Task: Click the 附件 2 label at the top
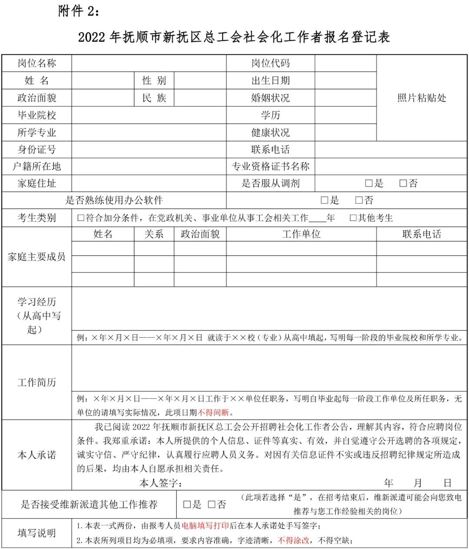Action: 79,12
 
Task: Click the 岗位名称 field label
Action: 37,63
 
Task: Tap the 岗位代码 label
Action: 270,63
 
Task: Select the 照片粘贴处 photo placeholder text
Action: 422,98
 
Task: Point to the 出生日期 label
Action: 270,81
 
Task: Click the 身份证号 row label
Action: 37,150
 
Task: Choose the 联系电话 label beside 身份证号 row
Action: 270,150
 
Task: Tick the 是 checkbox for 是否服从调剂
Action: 369,184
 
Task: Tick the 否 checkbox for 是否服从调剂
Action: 403,184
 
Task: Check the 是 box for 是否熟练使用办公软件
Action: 324,201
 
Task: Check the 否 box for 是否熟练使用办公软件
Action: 359,201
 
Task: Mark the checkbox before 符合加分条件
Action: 80,218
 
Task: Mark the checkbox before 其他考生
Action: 353,218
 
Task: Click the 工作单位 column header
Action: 301,234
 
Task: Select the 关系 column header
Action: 154,234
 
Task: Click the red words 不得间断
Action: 214,412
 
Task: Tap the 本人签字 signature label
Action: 160,483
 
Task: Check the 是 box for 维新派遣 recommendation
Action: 187,504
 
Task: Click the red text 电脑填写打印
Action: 205,526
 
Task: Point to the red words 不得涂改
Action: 294,540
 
